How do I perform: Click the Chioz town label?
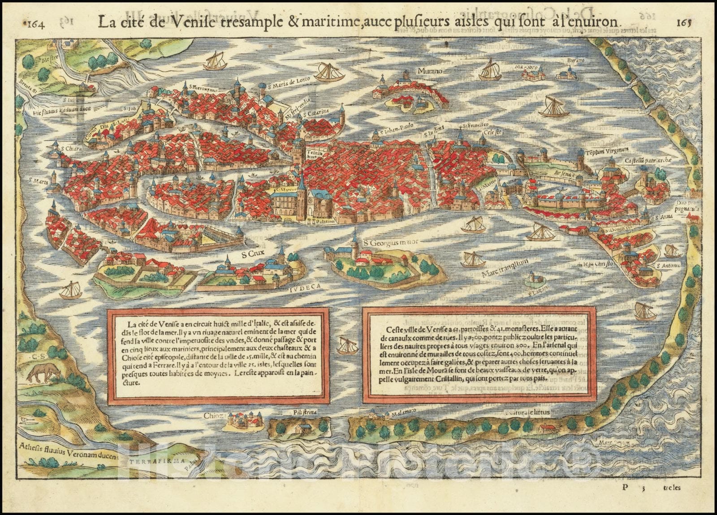coord(214,416)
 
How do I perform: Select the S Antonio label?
coord(668,265)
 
